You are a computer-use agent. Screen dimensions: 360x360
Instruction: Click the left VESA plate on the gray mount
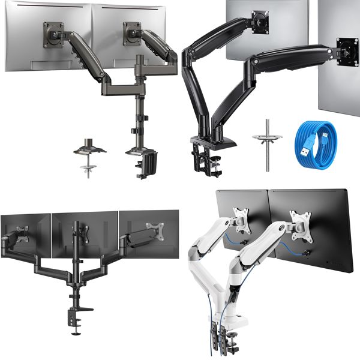coord(53,33)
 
